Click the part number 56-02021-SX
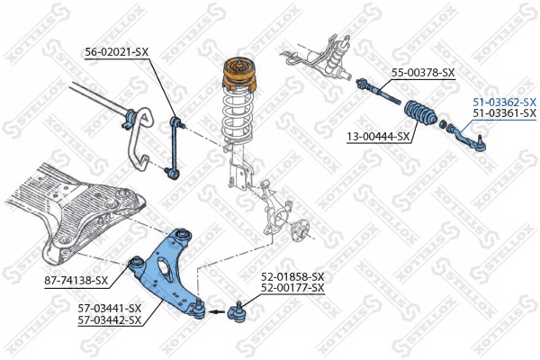(117, 52)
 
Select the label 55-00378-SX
(423, 73)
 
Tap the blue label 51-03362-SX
(505, 102)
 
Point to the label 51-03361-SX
(505, 112)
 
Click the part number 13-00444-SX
(378, 137)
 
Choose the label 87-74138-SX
(76, 281)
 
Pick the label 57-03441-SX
(110, 308)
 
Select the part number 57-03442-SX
(110, 320)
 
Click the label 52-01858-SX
(292, 276)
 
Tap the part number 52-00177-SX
(292, 288)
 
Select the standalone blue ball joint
(238, 311)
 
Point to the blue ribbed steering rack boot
(420, 112)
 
